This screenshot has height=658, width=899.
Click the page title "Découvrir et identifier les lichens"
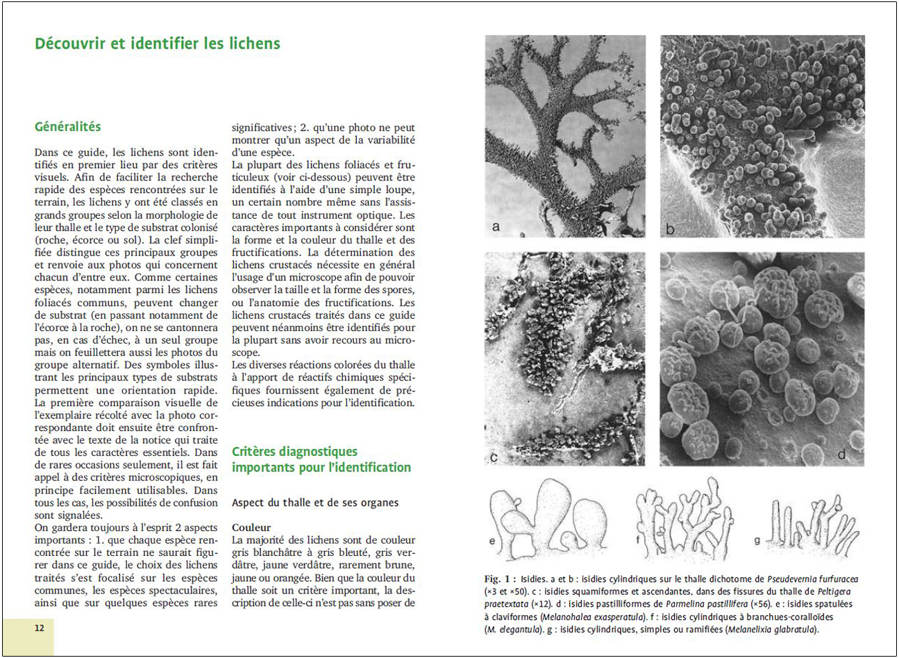[x=158, y=44]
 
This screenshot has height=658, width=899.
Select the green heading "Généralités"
[x=68, y=127]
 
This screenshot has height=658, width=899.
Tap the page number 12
[x=40, y=628]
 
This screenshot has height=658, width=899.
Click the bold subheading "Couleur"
[x=251, y=528]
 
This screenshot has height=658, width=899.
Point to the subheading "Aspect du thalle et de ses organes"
[x=315, y=503]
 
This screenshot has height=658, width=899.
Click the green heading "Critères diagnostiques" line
[x=294, y=452]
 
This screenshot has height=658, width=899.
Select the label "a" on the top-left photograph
[x=496, y=226]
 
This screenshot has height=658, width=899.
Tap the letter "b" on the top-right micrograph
[x=670, y=228]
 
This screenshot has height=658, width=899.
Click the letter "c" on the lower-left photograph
[x=494, y=456]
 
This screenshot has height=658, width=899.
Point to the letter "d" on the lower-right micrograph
[x=841, y=455]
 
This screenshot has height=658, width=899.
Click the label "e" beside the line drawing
[x=493, y=540]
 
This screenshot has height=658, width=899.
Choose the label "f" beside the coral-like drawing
[x=639, y=540]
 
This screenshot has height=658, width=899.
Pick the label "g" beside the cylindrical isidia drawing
[x=757, y=540]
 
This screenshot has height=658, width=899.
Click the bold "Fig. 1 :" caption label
[x=500, y=579]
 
